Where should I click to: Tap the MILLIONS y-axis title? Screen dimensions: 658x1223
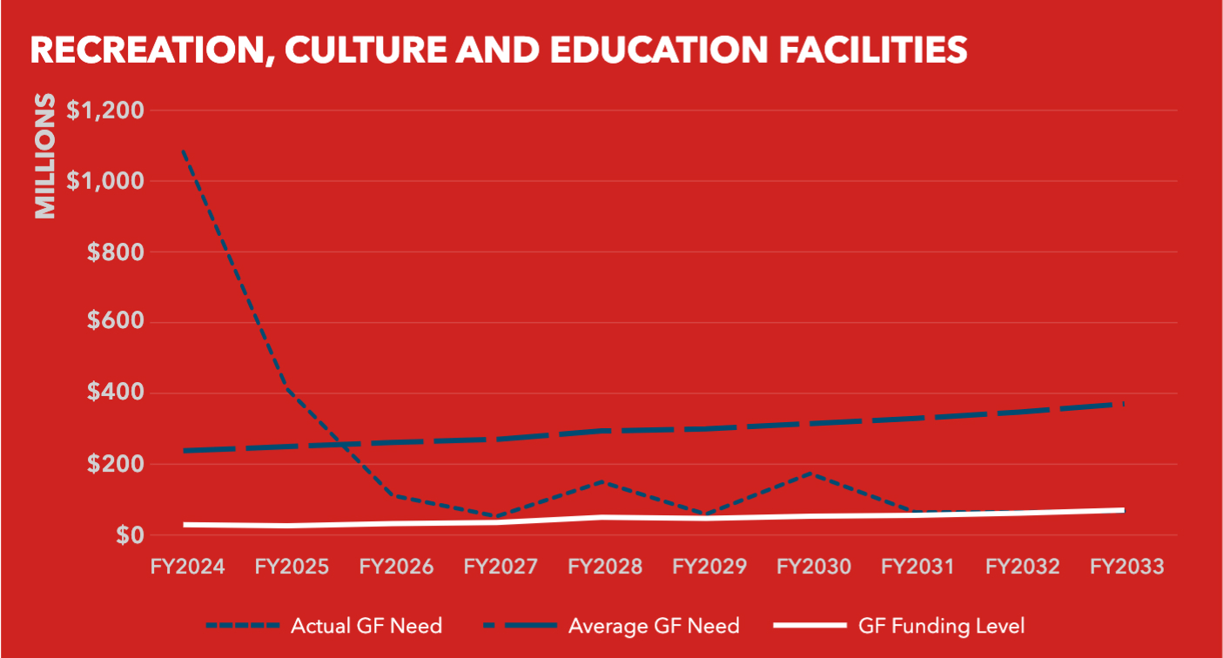[x=44, y=156]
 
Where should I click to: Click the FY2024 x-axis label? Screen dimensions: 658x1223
[x=187, y=567]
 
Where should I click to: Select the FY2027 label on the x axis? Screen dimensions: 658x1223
[x=501, y=567]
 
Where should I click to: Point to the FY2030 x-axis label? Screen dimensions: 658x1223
[x=814, y=567]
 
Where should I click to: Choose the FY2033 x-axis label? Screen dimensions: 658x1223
[x=1126, y=567]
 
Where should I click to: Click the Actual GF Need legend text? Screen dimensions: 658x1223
[x=366, y=625]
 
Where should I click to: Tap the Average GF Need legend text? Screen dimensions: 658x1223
[x=654, y=625]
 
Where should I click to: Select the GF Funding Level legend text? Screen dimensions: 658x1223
[x=941, y=625]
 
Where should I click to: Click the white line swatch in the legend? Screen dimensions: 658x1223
[x=809, y=626]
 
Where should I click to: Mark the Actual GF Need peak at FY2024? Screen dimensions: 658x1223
[x=185, y=151]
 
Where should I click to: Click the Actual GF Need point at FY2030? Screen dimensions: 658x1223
[x=812, y=473]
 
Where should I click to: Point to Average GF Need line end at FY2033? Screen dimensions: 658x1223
[x=1124, y=404]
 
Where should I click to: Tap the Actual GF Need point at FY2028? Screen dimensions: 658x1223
[x=603, y=480]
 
